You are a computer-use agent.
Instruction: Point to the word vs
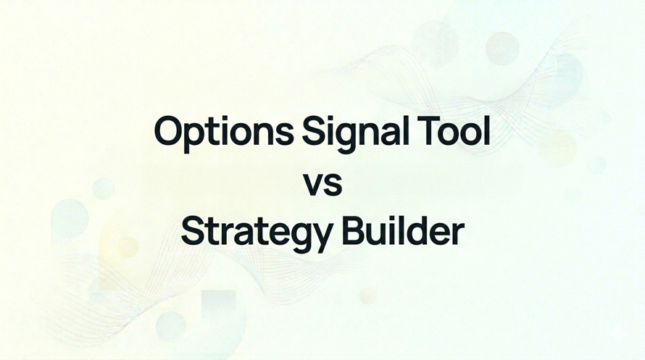[322, 184]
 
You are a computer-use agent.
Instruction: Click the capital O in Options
[169, 132]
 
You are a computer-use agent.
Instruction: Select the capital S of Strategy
[191, 232]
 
